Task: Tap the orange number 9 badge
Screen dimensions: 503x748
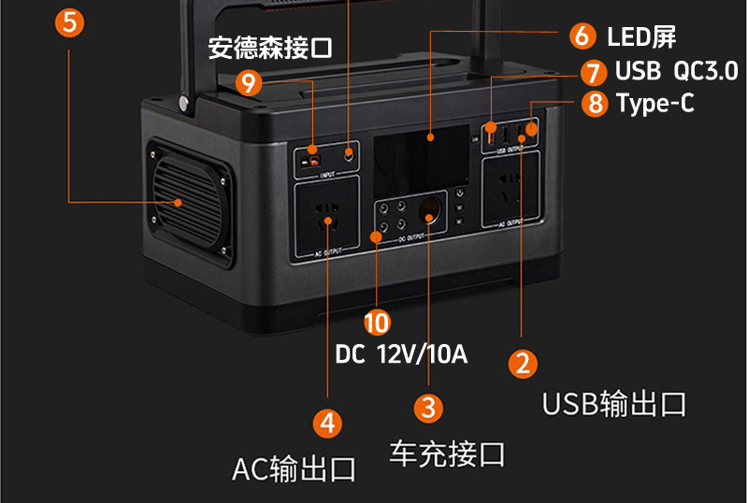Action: (249, 83)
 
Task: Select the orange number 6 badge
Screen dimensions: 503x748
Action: (582, 36)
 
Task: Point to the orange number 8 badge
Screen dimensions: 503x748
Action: (595, 103)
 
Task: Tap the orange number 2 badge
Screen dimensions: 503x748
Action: (522, 363)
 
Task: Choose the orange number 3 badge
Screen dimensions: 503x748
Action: (428, 408)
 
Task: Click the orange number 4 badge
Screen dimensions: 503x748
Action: (327, 423)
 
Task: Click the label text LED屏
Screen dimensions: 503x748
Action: (641, 37)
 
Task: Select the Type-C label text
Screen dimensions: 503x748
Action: (655, 103)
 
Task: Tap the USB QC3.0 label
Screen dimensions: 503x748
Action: (676, 72)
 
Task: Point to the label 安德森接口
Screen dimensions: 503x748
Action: (270, 48)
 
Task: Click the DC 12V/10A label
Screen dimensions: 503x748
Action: (401, 354)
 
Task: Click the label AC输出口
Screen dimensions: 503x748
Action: (294, 467)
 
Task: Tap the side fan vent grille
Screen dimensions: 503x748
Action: (183, 198)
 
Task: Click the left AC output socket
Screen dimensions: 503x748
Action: (327, 222)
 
